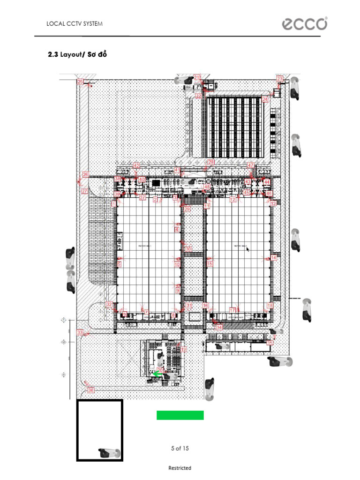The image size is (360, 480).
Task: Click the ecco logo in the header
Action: tap(304, 24)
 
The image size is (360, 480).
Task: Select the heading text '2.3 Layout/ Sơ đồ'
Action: tap(77, 55)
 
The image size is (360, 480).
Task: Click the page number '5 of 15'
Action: tap(180, 448)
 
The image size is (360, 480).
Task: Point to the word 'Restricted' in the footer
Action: tap(180, 468)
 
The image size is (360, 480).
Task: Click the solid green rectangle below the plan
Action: tap(180, 415)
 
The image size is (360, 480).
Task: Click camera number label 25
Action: tap(80, 82)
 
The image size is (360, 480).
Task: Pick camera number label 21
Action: tap(197, 77)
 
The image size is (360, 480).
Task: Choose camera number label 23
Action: tap(280, 78)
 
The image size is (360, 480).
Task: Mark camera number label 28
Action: tap(211, 162)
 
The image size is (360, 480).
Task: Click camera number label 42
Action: tap(136, 165)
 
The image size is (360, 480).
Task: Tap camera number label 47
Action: tap(251, 165)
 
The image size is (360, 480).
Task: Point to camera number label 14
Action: tap(274, 258)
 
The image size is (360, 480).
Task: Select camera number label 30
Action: tap(188, 248)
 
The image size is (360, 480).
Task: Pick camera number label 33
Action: tap(80, 332)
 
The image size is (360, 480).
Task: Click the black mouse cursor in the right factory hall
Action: tap(247, 249)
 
